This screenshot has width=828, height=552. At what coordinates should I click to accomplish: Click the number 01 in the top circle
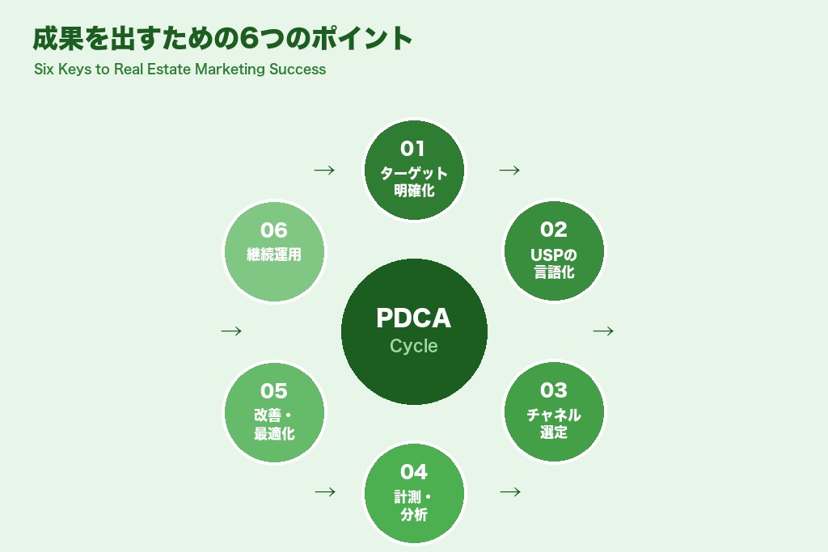pos(412,149)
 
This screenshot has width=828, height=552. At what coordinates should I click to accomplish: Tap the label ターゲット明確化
pos(414,182)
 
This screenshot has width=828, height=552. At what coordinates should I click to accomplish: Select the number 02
pos(554,230)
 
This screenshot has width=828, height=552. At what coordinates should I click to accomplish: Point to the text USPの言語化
pos(554,263)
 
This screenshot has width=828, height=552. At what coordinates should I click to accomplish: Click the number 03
pos(554,390)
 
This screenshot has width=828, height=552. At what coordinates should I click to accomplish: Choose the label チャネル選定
pos(554,423)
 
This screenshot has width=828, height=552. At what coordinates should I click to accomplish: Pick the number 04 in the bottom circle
pos(413,471)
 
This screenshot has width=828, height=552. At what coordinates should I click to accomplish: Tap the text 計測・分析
pos(414,505)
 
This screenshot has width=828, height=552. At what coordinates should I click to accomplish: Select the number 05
pos(274,391)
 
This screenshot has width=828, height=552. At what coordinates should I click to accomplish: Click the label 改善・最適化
pos(274,424)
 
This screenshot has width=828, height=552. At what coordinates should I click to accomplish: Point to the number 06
pos(274,230)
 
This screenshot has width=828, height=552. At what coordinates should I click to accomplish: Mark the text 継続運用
pos(274,255)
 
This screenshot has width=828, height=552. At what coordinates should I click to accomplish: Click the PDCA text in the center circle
pos(413,318)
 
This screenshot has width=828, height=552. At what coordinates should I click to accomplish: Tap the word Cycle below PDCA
pos(413,346)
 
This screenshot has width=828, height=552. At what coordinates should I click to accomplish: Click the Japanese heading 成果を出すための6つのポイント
pos(222,38)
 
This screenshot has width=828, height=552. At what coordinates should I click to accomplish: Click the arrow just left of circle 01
pos(324,170)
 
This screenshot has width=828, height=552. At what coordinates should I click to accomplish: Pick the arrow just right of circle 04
pos(510,491)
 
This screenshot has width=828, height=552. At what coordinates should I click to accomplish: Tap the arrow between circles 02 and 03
pos(603,331)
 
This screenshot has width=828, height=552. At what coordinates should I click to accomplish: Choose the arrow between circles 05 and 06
pos(231,331)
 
